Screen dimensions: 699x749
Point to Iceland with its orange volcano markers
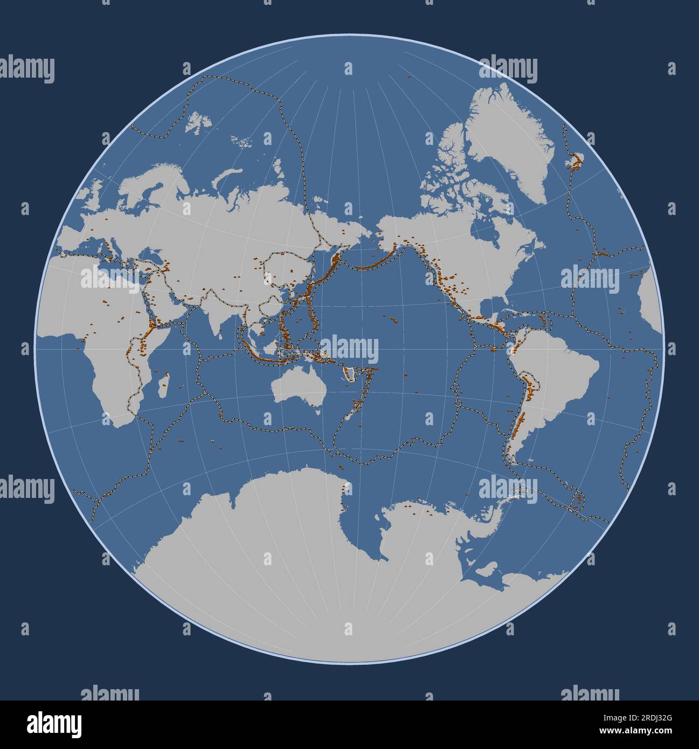pyautogui.click(x=577, y=161)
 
